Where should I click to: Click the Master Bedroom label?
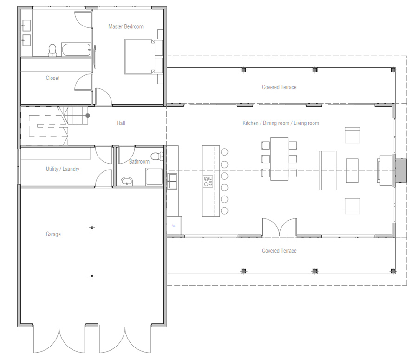click(125, 26)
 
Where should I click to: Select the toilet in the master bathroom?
click(52, 50)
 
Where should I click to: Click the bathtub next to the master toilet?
click(76, 50)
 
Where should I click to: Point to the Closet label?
click(52, 78)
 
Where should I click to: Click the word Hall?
click(121, 123)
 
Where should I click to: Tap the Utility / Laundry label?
click(62, 169)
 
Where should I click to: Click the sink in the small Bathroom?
click(126, 181)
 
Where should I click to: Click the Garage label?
click(53, 234)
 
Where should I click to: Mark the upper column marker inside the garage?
click(92, 227)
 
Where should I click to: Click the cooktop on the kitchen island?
click(208, 181)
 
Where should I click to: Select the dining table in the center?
click(279, 159)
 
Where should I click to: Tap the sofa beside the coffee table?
click(327, 170)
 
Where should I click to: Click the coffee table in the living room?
click(353, 170)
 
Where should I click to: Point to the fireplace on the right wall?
click(385, 170)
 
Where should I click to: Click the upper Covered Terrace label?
click(279, 87)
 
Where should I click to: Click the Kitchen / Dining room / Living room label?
click(281, 123)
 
